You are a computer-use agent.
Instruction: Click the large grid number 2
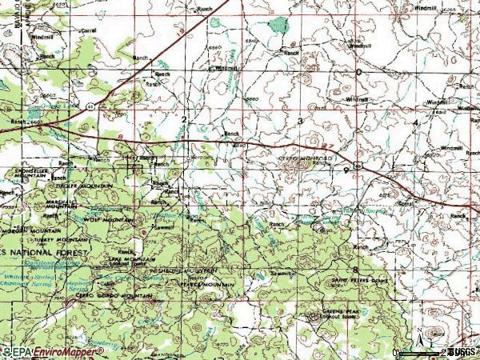pos(183,119)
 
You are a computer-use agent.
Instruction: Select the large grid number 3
pos(300,120)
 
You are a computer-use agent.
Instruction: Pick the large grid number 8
pos(354,270)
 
